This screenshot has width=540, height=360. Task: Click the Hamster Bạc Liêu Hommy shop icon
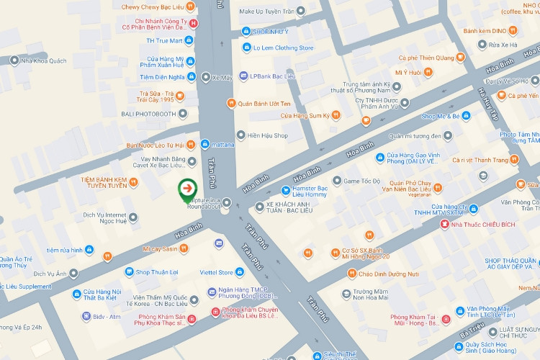(x=286, y=191)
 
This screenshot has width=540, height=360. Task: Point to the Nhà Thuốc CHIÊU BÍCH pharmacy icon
(x=444, y=224)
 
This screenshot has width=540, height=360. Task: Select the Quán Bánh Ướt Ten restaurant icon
(x=231, y=104)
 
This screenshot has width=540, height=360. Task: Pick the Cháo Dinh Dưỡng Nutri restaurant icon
(x=351, y=274)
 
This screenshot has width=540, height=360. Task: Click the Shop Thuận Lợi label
(x=158, y=271)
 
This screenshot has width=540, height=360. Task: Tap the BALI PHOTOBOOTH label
(x=147, y=114)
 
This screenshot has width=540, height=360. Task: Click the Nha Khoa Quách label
(x=43, y=61)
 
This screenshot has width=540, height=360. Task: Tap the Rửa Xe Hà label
(x=502, y=45)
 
